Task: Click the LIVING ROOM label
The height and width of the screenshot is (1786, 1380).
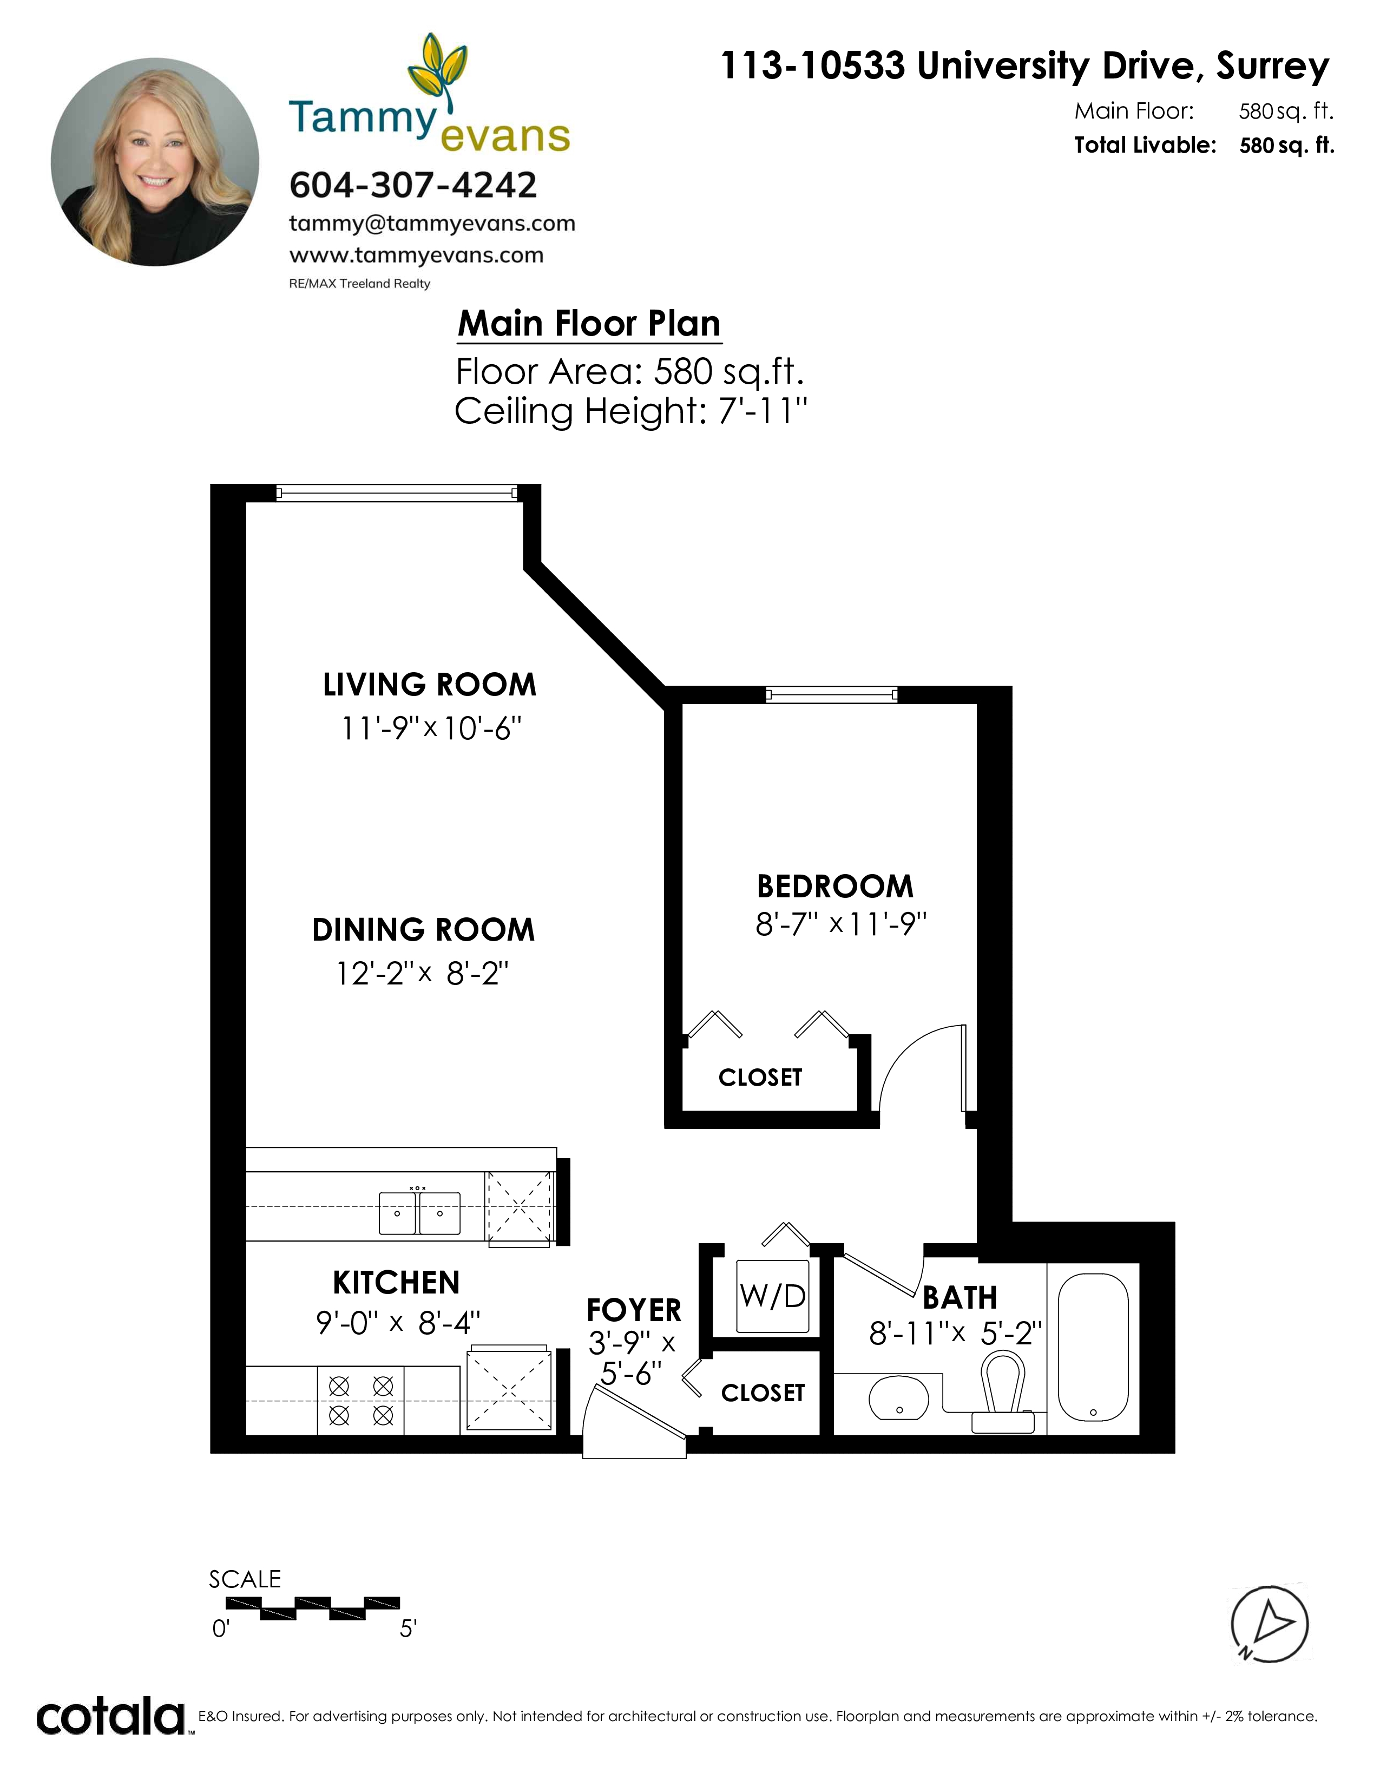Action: pos(429,685)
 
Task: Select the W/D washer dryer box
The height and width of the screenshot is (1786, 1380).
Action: pos(773,1296)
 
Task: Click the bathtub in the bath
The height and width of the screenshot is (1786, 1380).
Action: pos(1093,1347)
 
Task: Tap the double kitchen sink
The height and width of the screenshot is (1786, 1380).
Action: pos(419,1213)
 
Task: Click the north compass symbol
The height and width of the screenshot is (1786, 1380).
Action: pos(1269,1624)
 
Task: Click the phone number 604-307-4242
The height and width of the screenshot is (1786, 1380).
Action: pos(413,185)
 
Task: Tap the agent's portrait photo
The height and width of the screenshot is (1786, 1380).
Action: pos(155,162)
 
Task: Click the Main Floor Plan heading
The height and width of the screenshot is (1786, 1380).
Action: pos(589,324)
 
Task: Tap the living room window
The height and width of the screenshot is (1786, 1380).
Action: pos(397,493)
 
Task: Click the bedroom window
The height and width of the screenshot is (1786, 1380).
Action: pos(831,695)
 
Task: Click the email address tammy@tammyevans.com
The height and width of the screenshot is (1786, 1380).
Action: pos(432,223)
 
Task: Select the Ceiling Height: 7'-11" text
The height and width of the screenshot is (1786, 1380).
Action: pos(630,411)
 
